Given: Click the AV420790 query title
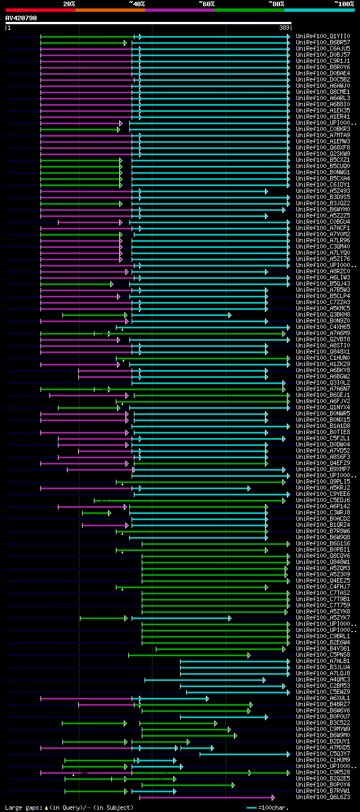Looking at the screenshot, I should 21,18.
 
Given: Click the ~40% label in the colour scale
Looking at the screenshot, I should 137,4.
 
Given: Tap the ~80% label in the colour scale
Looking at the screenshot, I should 276,4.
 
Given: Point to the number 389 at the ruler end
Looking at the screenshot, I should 284,28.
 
